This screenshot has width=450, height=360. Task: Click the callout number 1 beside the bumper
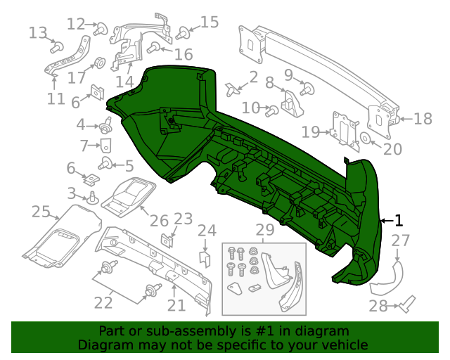coord(399,219)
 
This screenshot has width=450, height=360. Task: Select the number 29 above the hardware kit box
coord(264,229)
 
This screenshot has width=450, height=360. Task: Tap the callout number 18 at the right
coord(423,119)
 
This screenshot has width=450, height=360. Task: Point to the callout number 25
coord(41,211)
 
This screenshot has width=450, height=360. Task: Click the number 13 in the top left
coord(38,32)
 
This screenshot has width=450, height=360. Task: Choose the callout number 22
coord(104,302)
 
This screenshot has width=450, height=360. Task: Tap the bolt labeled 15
coord(184,32)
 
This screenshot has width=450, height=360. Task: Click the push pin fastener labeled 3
coord(91,198)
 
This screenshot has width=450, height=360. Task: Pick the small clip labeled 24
coord(205,257)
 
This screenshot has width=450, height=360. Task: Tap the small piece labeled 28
coord(407,304)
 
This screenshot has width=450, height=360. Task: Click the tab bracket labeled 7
coord(105,146)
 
